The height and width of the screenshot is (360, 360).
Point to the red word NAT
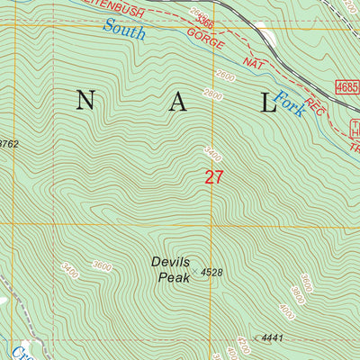(x=255, y=64)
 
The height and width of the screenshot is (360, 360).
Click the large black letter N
(x=85, y=103)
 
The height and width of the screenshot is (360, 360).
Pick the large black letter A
(x=177, y=103)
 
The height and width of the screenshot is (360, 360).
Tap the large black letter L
(x=268, y=103)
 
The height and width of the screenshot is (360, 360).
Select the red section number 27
(x=213, y=177)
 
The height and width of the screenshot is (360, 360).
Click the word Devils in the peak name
(x=170, y=263)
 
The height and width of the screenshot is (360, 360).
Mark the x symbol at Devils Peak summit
(x=193, y=270)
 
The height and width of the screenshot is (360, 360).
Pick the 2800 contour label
(x=212, y=94)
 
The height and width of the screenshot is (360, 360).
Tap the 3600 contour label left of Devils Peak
(x=103, y=266)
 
